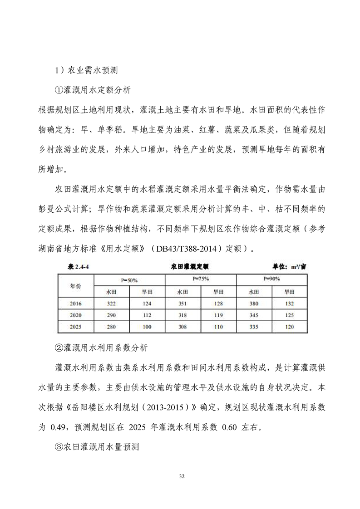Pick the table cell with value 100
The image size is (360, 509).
(x=147, y=326)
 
